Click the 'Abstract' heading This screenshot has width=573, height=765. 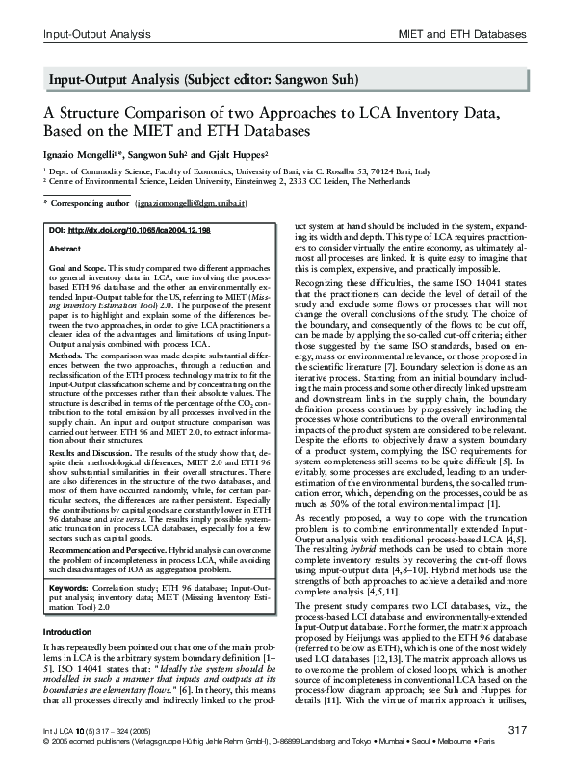pyautogui.click(x=65, y=249)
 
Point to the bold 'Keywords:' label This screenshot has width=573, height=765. pyautogui.click(x=68, y=587)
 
